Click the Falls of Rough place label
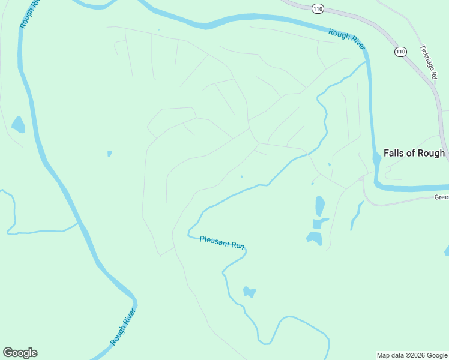pyautogui.click(x=414, y=153)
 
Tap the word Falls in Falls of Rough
pyautogui.click(x=394, y=153)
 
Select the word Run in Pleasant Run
pyautogui.click(x=238, y=245)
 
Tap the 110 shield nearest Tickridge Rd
pyautogui.click(x=400, y=52)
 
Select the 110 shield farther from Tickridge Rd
pyautogui.click(x=318, y=8)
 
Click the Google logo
pyautogui.click(x=20, y=353)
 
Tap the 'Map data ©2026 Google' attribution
pyautogui.click(x=412, y=355)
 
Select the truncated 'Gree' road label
pyautogui.click(x=441, y=197)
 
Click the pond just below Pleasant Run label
pyautogui.click(x=249, y=292)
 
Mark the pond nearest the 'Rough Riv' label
pyautogui.click(x=18, y=125)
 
